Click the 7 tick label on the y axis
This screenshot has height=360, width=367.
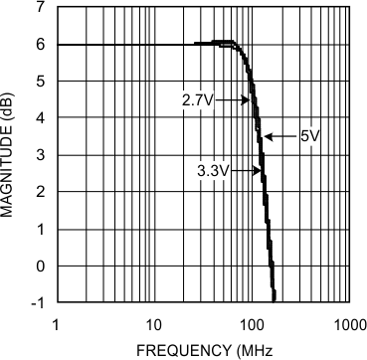(x=41, y=8)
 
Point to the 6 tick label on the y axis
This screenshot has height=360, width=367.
(x=41, y=45)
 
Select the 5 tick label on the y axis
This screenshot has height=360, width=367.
(x=41, y=82)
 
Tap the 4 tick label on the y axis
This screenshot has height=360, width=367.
(x=41, y=118)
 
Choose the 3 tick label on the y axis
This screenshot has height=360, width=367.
(x=41, y=155)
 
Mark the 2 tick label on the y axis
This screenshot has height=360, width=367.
(x=41, y=192)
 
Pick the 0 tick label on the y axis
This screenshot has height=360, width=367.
(x=41, y=266)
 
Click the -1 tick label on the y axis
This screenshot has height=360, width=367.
(x=38, y=302)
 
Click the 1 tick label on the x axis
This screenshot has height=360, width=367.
(x=56, y=323)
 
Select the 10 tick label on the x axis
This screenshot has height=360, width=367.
(x=153, y=323)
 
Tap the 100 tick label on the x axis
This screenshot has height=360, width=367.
(x=252, y=323)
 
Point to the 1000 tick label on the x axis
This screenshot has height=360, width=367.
(x=349, y=323)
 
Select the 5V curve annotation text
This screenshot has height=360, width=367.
(x=308, y=135)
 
